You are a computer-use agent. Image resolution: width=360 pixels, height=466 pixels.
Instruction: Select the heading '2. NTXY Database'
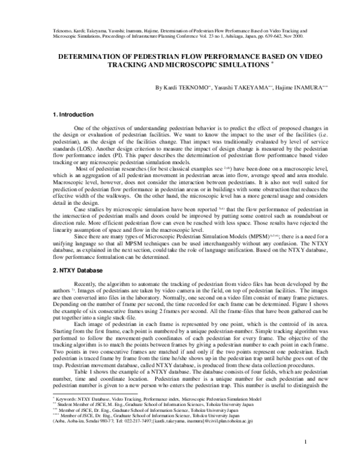click(x=76, y=271)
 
